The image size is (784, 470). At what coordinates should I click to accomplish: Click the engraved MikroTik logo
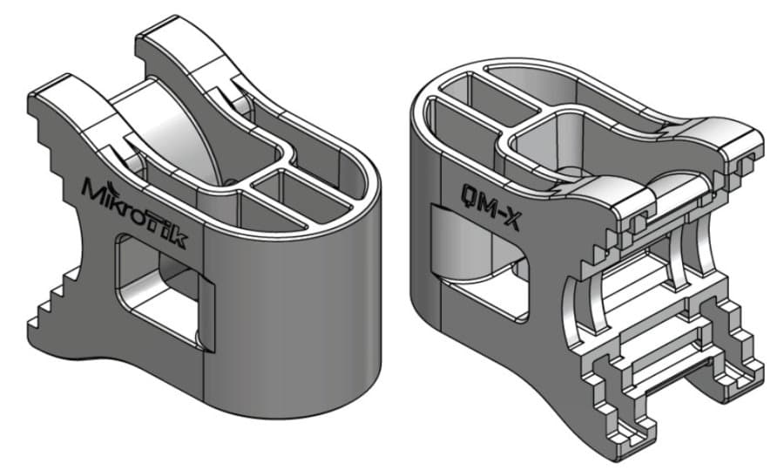click(134, 212)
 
